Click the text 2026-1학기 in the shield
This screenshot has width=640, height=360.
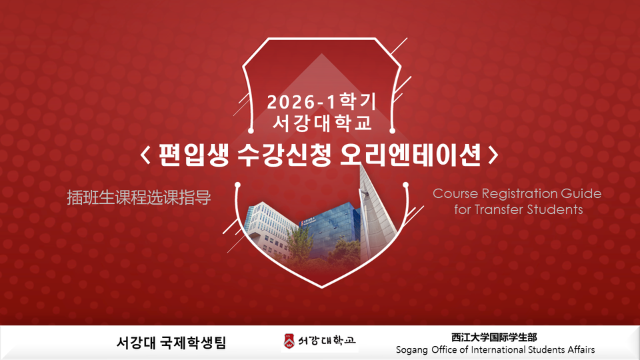click(x=321, y=101)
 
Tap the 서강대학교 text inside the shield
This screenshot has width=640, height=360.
click(x=322, y=123)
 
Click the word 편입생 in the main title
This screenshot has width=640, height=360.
click(x=193, y=155)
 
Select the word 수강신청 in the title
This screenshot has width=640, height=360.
click(x=284, y=155)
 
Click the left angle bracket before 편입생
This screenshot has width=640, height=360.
click(x=146, y=155)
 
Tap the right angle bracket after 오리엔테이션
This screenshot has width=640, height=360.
click(x=493, y=155)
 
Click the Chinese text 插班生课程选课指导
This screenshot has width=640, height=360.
click(x=139, y=197)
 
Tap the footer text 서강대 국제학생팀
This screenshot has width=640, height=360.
click(x=171, y=343)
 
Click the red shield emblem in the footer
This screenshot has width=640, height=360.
click(x=289, y=341)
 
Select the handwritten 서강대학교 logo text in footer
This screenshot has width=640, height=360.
click(x=327, y=341)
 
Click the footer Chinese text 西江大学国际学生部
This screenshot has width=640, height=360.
click(x=494, y=337)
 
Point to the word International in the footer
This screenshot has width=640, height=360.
click(x=499, y=350)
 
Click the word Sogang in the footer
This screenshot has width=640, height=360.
click(x=412, y=350)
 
